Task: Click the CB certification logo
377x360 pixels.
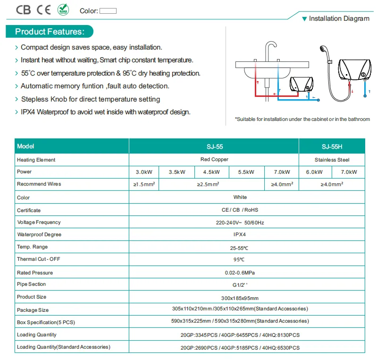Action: (x=23, y=10)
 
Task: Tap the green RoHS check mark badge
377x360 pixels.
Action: (x=63, y=9)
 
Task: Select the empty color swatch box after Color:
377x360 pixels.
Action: (x=108, y=11)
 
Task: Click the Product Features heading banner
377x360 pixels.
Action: (x=50, y=32)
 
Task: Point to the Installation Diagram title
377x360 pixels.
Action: (x=339, y=18)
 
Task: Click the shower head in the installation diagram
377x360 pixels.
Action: (x=323, y=49)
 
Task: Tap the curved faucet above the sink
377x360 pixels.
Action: (x=270, y=50)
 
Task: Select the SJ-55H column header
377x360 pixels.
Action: (x=332, y=146)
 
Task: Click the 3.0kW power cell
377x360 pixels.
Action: (x=144, y=172)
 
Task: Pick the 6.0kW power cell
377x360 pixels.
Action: (x=314, y=172)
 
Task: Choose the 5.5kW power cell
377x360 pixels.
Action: (x=246, y=172)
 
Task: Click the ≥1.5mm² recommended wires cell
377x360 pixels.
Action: (x=144, y=184)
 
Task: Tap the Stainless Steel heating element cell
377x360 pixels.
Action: (x=332, y=160)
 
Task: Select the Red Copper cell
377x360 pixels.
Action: (x=214, y=159)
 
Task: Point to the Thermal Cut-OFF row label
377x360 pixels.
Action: (x=39, y=259)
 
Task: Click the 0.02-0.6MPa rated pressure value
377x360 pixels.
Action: (x=240, y=273)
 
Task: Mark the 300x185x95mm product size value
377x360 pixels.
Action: (x=240, y=298)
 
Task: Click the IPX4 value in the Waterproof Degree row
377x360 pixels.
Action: (x=240, y=234)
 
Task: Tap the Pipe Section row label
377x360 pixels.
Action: (x=31, y=284)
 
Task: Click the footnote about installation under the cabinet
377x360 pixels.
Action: (x=302, y=119)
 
